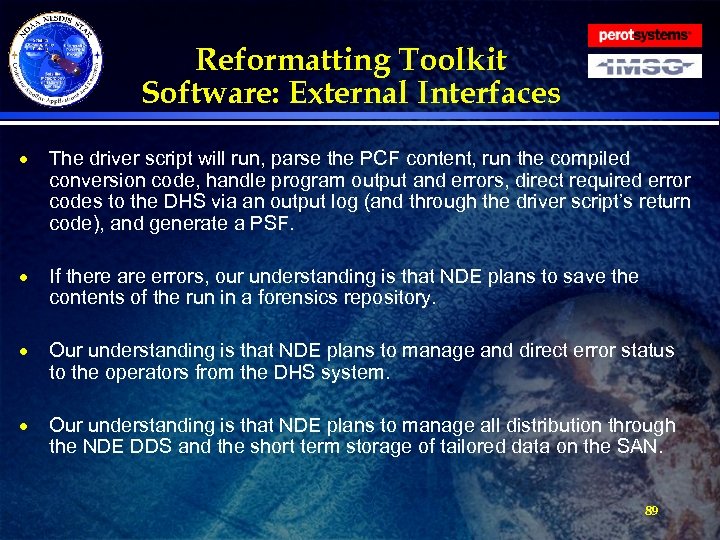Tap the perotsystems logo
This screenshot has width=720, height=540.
(644, 35)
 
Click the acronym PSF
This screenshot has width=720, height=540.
(274, 225)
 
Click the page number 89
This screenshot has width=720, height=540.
(651, 510)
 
